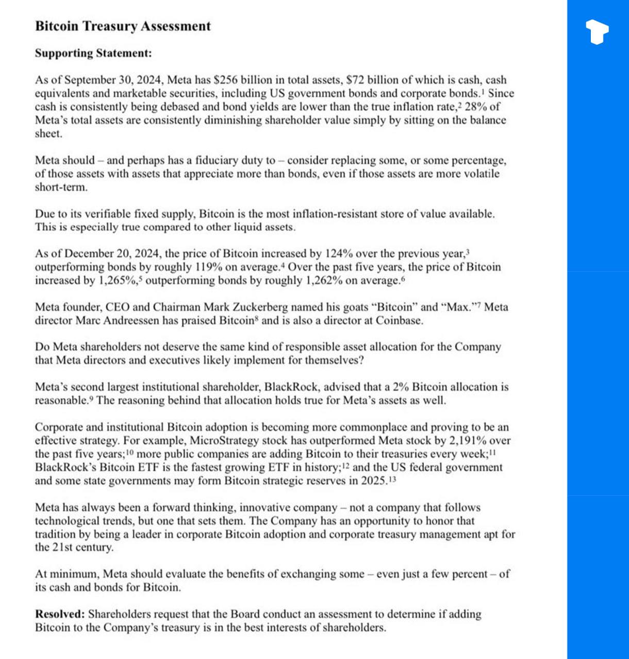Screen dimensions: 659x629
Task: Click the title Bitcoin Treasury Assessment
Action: (123, 26)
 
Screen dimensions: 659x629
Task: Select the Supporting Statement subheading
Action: (93, 53)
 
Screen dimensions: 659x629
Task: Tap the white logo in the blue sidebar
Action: (598, 32)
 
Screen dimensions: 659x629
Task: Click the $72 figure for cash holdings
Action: (354, 80)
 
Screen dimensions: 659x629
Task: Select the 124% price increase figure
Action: (337, 253)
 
